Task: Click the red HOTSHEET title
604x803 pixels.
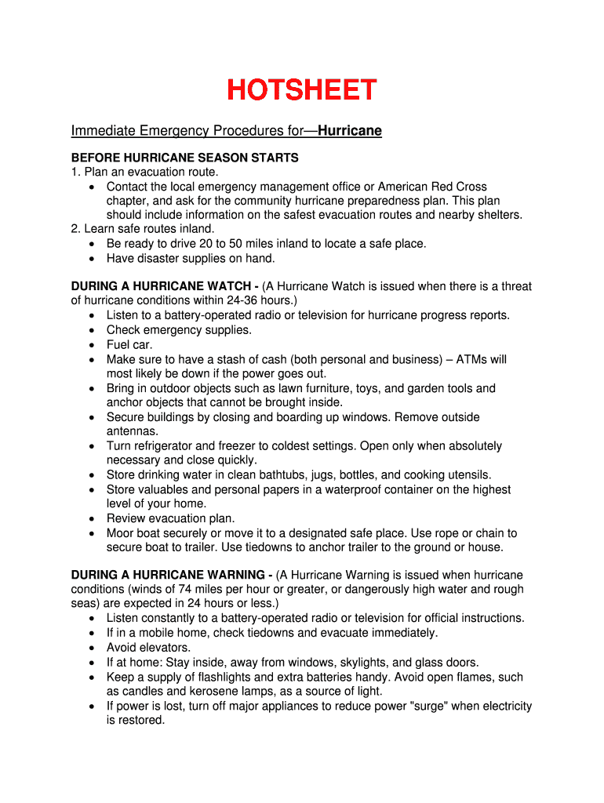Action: point(302,90)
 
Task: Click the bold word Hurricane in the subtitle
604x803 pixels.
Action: point(350,131)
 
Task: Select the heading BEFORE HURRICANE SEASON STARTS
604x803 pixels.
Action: point(184,158)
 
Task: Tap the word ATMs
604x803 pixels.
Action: point(471,359)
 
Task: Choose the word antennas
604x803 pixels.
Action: point(132,431)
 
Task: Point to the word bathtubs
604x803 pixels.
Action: point(280,475)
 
